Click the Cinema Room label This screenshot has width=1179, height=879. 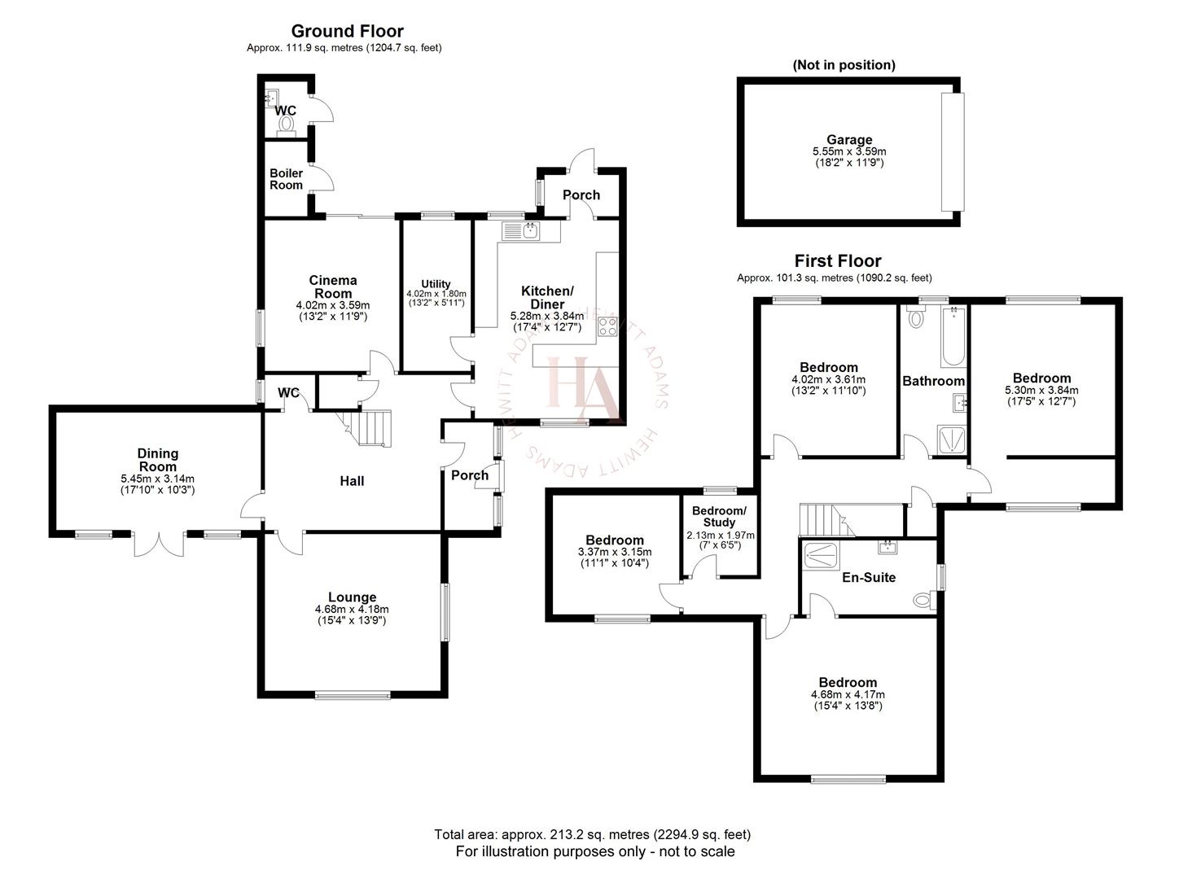[333, 286]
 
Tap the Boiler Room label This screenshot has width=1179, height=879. [286, 179]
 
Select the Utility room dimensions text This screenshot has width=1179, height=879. [436, 298]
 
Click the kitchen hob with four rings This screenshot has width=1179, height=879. [607, 326]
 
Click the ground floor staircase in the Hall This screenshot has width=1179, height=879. [371, 427]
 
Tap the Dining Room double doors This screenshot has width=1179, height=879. [158, 544]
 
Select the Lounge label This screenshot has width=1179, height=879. [352, 597]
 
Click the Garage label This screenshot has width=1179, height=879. [849, 140]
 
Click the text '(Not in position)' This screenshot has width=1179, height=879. [844, 65]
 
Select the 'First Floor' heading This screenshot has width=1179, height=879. [837, 261]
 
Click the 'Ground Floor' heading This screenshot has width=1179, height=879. [347, 32]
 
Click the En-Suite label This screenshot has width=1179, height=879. [869, 577]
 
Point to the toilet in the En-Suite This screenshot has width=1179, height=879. [923, 601]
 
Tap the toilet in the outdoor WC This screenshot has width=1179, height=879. [286, 124]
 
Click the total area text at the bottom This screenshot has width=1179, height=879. [592, 834]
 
